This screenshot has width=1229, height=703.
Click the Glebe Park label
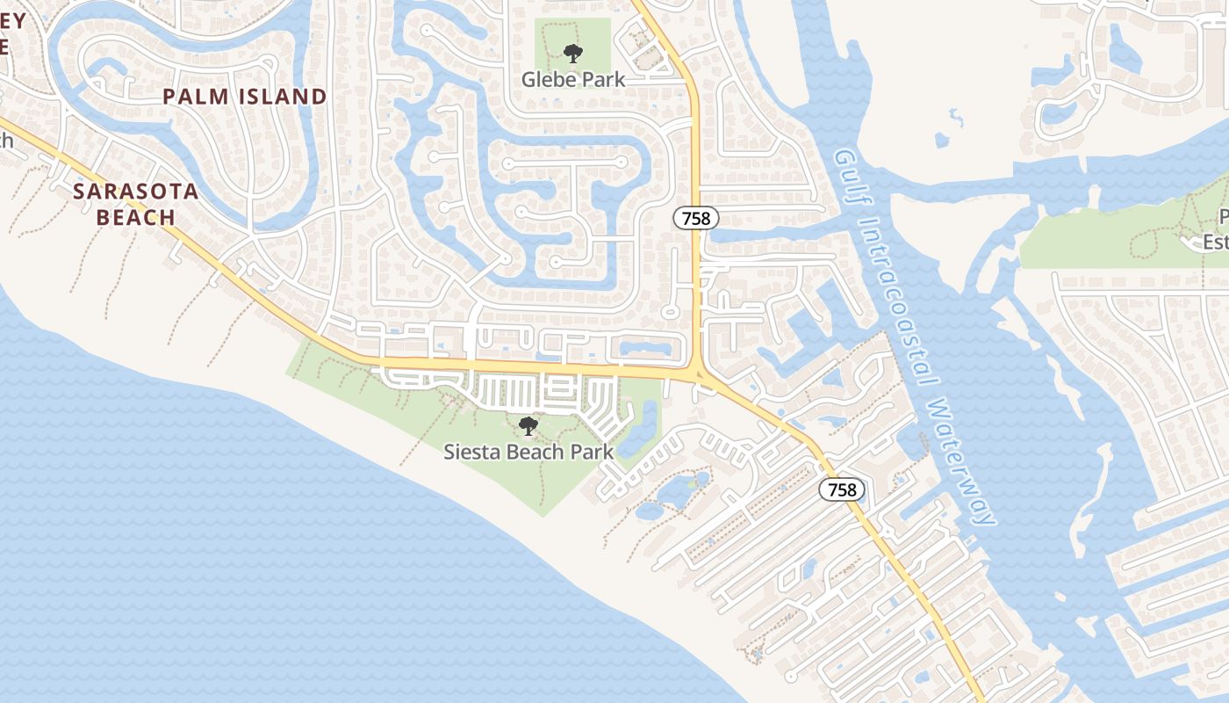tap(573, 79)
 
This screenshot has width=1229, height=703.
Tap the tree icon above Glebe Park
tap(573, 54)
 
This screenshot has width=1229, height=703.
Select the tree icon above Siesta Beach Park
tap(528, 426)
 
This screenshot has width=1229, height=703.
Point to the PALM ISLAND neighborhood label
tap(245, 97)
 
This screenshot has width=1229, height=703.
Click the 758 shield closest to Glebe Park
tap(696, 218)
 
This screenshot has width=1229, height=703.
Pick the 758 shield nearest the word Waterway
tap(842, 489)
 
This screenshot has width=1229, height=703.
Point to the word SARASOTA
tap(136, 192)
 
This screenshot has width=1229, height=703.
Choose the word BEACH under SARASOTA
tap(136, 217)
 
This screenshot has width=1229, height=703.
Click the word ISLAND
tap(279, 97)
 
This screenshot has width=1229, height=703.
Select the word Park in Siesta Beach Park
tap(591, 453)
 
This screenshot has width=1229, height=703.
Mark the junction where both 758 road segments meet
tap(699, 373)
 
